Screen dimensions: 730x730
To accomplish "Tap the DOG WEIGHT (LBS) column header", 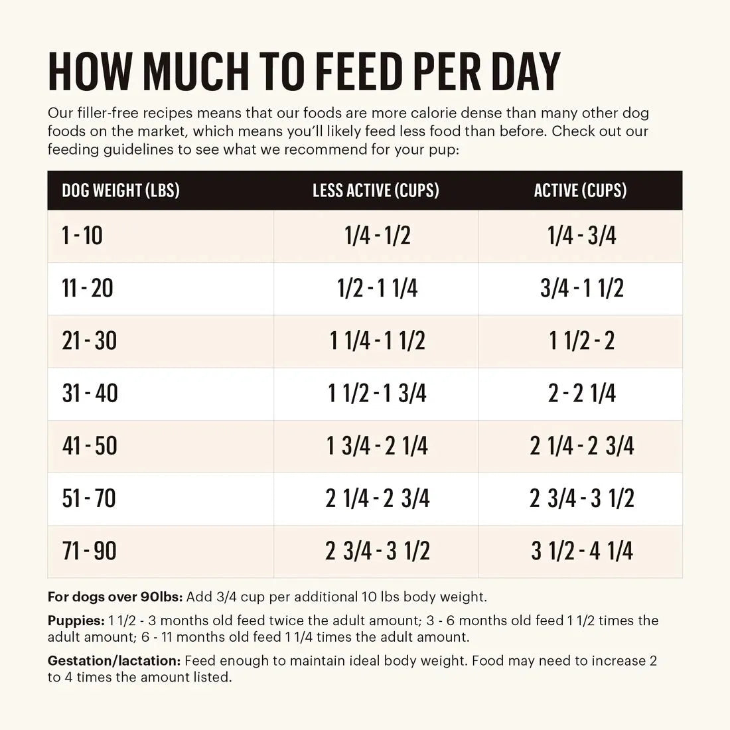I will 121,191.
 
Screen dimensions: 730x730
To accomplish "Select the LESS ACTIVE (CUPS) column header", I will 376,191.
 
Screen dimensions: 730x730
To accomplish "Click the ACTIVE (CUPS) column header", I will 580,191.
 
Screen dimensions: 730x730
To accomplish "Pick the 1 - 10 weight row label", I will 82,236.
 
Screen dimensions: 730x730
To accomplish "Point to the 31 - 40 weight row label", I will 90,394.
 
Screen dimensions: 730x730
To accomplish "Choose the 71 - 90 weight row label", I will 89,551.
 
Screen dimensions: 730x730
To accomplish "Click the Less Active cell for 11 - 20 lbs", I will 377,289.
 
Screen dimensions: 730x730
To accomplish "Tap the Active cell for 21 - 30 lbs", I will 582,341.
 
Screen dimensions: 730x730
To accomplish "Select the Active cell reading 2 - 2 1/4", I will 582,394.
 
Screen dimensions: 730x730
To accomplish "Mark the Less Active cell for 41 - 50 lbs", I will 377,446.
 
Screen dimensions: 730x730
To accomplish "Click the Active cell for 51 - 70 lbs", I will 582,498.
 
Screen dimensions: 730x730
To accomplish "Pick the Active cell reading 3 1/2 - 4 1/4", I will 582,551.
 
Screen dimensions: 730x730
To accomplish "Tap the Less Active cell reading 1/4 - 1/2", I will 377,236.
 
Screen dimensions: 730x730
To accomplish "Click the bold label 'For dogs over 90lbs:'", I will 115,597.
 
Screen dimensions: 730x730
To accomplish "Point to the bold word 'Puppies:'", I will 76,621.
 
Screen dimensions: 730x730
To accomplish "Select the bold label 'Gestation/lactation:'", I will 114,661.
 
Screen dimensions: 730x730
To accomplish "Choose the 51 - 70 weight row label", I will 89,498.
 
